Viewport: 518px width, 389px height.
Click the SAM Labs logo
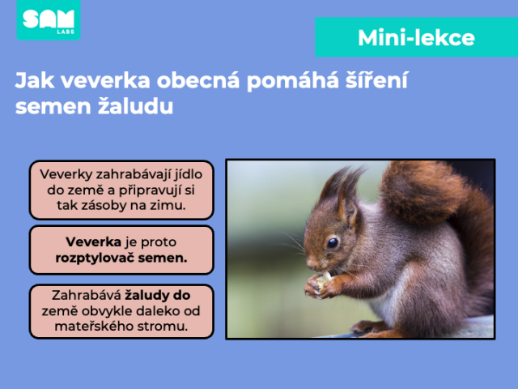(x=49, y=19)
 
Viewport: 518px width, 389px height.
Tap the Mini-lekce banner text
(x=416, y=38)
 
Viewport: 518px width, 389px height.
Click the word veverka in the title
(x=105, y=80)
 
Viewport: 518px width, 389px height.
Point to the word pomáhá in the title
(x=293, y=80)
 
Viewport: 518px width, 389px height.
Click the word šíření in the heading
(x=376, y=80)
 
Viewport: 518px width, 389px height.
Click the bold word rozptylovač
(x=95, y=258)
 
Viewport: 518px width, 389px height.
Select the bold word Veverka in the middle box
(x=94, y=242)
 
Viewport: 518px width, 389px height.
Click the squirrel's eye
(x=333, y=243)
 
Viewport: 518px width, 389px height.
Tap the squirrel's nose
(x=310, y=263)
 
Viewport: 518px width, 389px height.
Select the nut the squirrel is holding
(x=323, y=281)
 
